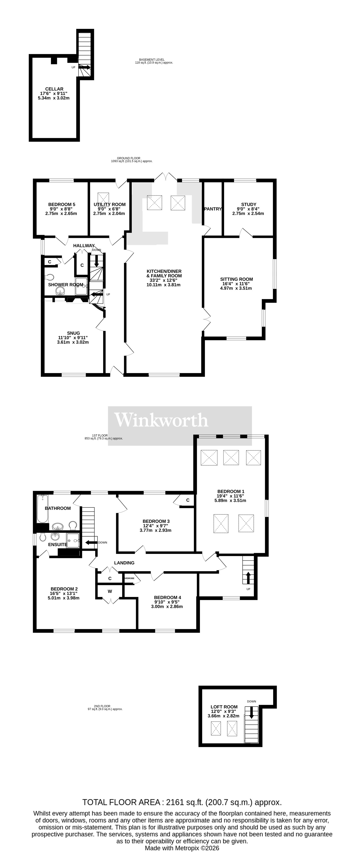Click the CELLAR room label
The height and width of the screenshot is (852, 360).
click(x=54, y=89)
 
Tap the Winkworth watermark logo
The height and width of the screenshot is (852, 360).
click(x=161, y=420)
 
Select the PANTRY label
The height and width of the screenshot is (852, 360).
click(x=213, y=209)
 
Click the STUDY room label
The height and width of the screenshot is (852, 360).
click(x=249, y=204)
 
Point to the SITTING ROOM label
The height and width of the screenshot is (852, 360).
click(x=236, y=279)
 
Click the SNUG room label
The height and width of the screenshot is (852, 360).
click(x=73, y=333)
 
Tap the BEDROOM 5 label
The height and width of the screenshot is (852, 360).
click(x=61, y=204)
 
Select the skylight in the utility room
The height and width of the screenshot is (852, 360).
click(x=104, y=199)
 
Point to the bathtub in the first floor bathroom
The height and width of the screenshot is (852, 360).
click(x=42, y=509)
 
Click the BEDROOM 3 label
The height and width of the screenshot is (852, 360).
click(x=156, y=521)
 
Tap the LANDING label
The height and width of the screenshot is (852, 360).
click(x=124, y=563)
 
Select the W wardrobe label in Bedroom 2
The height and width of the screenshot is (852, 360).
click(x=110, y=591)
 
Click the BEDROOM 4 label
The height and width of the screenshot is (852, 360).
click(x=167, y=597)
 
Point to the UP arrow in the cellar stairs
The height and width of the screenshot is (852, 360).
click(x=85, y=67)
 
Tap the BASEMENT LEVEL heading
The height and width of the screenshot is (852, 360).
click(x=152, y=60)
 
